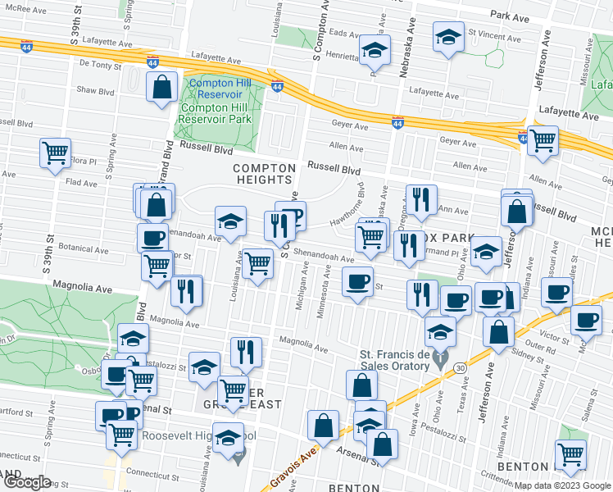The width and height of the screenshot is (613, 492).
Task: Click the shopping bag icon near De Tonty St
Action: tap(162, 86)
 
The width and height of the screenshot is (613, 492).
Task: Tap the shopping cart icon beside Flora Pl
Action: tap(55, 152)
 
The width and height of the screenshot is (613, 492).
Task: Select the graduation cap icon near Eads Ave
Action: tap(374, 51)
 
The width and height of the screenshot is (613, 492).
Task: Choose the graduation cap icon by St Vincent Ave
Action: tap(448, 38)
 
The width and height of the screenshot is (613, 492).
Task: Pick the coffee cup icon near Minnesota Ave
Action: tap(356, 281)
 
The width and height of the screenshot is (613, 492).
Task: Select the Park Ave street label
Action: tap(511, 14)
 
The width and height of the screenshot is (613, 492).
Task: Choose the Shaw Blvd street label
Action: tap(95, 91)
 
